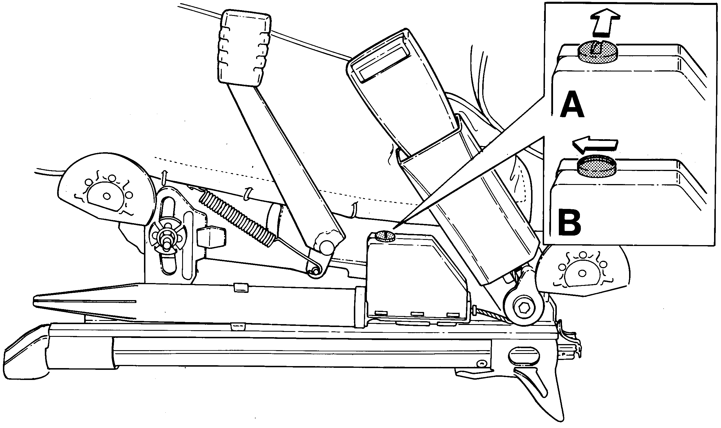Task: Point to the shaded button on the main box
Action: pyautogui.click(x=385, y=236)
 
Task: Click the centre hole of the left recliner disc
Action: pyautogui.click(x=107, y=196)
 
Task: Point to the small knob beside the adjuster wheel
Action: pyautogui.click(x=211, y=238)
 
